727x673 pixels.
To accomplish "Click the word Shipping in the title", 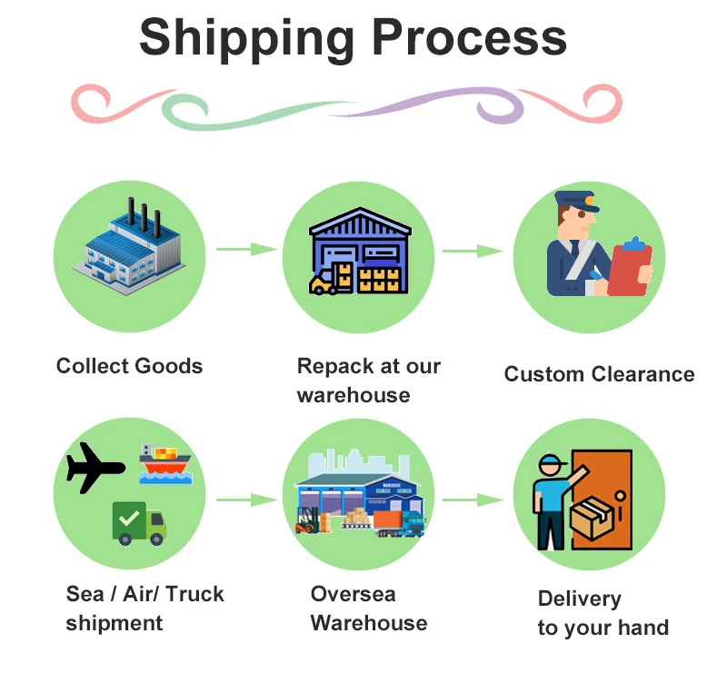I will point(245,38).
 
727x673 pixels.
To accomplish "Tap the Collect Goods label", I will point(129,366).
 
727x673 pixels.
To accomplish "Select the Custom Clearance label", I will point(599,374).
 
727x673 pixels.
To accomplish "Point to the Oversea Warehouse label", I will point(368,609).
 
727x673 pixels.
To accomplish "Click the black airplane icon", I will point(94,468).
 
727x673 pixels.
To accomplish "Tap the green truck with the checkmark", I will point(139,523).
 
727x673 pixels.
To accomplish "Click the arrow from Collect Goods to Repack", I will point(246,249).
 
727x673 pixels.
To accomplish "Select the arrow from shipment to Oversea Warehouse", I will point(246,500).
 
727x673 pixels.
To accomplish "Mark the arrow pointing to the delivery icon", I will point(473,500).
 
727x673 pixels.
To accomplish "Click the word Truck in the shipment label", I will point(194,595).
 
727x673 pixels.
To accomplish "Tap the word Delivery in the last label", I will point(579,599).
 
